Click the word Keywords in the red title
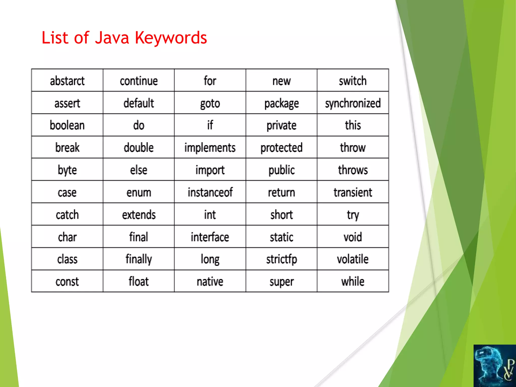click(171, 38)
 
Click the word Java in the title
click(112, 38)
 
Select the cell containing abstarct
click(67, 81)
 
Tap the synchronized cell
click(353, 103)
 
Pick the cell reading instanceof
click(210, 192)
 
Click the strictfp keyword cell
click(281, 259)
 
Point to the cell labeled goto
click(210, 103)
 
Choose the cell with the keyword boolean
click(67, 125)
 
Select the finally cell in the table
click(139, 259)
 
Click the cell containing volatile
click(353, 259)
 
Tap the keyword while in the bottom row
click(353, 281)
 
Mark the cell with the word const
click(67, 281)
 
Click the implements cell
click(210, 148)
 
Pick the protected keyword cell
click(281, 148)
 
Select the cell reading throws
click(353, 170)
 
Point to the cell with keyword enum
click(139, 192)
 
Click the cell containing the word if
click(210, 125)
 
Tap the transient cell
click(353, 192)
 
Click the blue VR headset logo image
click(494, 366)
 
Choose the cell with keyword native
click(210, 281)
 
